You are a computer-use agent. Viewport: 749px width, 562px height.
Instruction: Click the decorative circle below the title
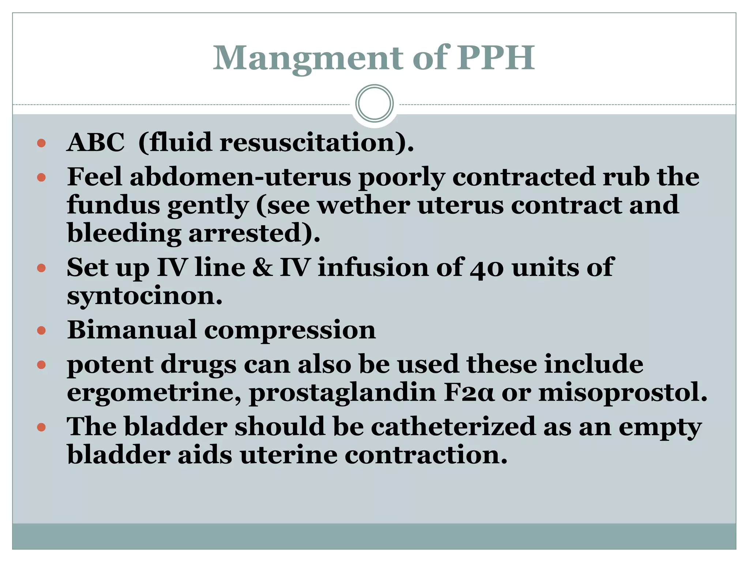(x=374, y=103)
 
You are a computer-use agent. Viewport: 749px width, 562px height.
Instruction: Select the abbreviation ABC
(x=96, y=142)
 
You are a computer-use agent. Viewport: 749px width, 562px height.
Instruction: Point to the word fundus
(x=113, y=205)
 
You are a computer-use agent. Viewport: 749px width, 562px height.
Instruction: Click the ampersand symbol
(x=262, y=267)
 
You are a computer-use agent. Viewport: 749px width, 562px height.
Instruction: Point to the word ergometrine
(x=154, y=393)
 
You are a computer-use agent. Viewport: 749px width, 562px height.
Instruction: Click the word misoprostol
(x=621, y=393)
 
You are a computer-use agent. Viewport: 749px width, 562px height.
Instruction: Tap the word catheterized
(x=453, y=427)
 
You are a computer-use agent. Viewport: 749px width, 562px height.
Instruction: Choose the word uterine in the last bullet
(x=289, y=455)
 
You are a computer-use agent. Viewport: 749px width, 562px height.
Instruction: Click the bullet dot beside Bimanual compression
(x=41, y=331)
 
